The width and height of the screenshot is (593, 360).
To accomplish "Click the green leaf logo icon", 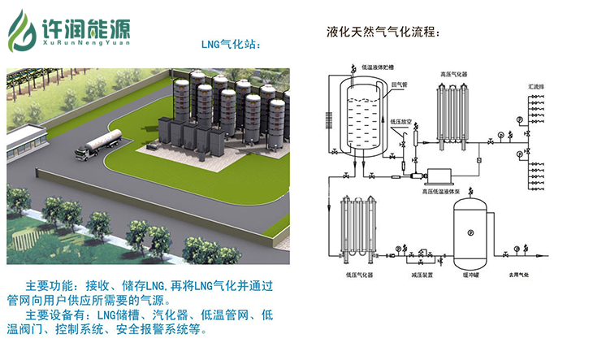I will (22, 30).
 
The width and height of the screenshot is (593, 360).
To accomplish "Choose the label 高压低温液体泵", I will (428, 193).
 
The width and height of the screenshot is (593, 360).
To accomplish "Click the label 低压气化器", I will (358, 276).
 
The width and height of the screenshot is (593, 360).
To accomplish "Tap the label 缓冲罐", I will (470, 276).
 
